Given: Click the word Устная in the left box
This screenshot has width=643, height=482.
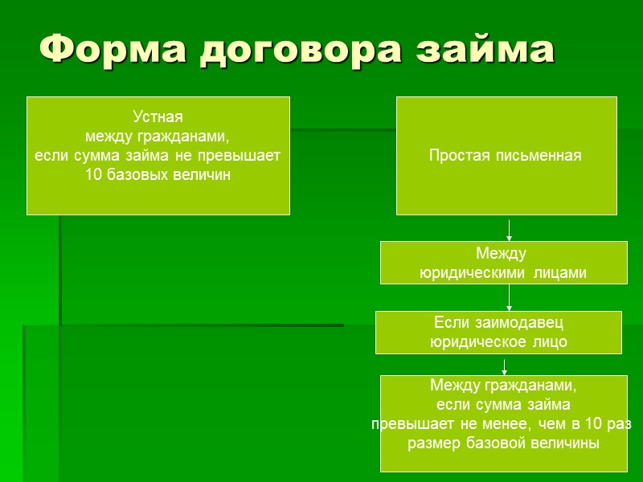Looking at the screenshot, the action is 158,117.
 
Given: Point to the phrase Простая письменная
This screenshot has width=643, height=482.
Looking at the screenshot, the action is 506,155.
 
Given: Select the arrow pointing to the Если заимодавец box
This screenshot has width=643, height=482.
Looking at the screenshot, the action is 510,299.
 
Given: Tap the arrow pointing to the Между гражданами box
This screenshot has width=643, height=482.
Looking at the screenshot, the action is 504,366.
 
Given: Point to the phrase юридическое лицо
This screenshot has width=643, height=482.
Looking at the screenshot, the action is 498,342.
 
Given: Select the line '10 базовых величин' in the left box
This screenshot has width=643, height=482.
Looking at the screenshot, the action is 158,175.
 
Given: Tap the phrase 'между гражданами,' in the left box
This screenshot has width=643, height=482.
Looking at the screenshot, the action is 158,137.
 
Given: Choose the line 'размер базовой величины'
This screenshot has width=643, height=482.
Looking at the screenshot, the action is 503,443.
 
